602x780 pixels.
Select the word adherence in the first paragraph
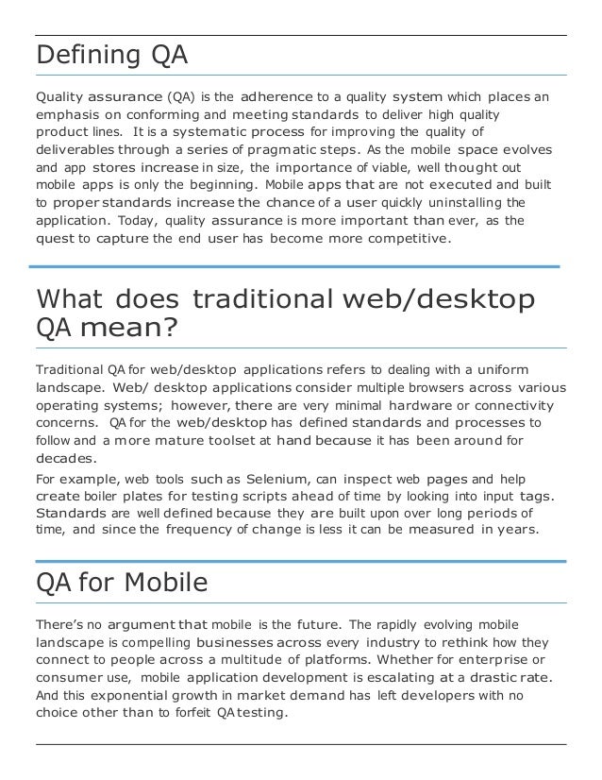tap(279, 96)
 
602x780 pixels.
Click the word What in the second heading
tap(70, 300)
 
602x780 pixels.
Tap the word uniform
tap(499, 368)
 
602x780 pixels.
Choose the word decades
tap(66, 459)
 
